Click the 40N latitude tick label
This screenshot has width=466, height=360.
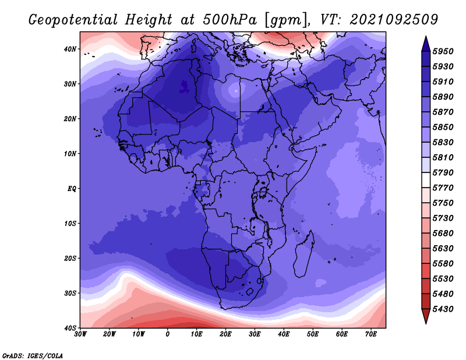click(70, 49)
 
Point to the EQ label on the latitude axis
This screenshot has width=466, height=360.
click(71, 189)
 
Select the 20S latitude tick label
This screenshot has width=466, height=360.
click(70, 258)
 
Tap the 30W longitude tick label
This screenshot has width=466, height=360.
click(80, 334)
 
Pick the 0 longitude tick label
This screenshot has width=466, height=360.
click(168, 334)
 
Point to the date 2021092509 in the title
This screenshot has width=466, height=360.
click(394, 20)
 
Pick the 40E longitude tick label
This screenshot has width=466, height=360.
click(284, 334)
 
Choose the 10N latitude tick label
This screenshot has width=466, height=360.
click(70, 154)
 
